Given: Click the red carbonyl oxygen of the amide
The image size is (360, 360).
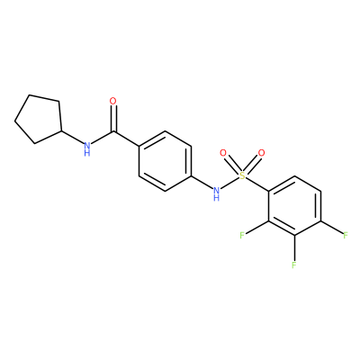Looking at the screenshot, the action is (x=112, y=101).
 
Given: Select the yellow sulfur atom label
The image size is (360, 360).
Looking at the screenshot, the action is (x=242, y=175).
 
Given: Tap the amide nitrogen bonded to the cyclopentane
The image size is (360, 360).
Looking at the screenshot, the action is (x=87, y=146).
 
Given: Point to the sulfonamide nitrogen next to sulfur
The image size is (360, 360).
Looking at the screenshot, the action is (x=216, y=190).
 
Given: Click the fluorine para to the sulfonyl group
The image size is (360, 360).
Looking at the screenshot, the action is (x=346, y=235).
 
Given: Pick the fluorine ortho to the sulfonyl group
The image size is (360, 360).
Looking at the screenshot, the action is (x=242, y=235).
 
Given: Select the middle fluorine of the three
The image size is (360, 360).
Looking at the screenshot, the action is (x=294, y=265).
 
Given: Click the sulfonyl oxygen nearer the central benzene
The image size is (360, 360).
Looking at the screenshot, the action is (x=223, y=153).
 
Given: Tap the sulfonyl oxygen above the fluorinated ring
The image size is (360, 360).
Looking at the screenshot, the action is (x=262, y=153).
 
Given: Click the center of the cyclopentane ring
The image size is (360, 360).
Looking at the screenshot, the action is (x=40, y=120).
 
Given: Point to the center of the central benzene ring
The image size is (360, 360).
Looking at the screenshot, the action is (x=165, y=161).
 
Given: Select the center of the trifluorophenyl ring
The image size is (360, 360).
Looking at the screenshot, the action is (x=294, y=206).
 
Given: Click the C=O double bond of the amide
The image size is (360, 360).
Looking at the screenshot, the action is (x=113, y=119).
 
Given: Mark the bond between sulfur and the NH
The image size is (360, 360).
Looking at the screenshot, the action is (x=229, y=183).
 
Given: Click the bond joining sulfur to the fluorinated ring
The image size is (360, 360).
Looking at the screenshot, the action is (x=257, y=184).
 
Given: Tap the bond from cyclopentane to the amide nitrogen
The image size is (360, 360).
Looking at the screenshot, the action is (x=72, y=137).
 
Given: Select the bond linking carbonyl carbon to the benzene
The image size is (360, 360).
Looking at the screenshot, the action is (x=126, y=139).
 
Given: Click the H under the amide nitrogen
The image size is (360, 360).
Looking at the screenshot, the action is (x=87, y=153).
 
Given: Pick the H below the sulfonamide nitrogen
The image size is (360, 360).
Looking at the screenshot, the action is (x=216, y=197).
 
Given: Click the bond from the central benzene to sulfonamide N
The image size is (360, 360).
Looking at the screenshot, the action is (x=202, y=182).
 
